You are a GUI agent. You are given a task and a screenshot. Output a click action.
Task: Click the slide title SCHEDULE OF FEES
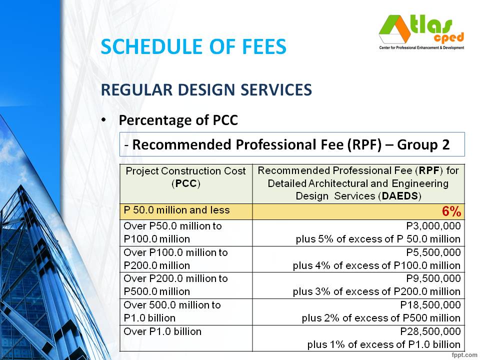point(193,47)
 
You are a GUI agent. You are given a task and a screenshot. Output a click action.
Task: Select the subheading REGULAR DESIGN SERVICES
point(206,90)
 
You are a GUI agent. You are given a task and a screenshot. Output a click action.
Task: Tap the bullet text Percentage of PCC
point(177,120)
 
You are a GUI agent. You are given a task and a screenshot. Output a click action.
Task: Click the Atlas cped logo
point(421,32)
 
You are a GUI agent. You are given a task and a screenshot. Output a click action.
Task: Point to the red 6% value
point(450,211)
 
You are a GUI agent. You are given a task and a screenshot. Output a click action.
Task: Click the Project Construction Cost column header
point(185,177)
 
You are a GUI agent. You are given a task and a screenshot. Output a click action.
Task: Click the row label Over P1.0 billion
point(162,331)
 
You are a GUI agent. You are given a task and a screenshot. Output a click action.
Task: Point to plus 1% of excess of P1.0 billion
point(383,344)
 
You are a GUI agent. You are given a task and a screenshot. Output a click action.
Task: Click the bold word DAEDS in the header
point(399,196)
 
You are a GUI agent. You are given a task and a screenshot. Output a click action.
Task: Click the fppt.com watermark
point(463,355)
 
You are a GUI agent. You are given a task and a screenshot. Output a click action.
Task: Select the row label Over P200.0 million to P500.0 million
point(175,284)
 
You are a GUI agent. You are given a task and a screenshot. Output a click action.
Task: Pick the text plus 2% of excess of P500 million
point(381,318)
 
